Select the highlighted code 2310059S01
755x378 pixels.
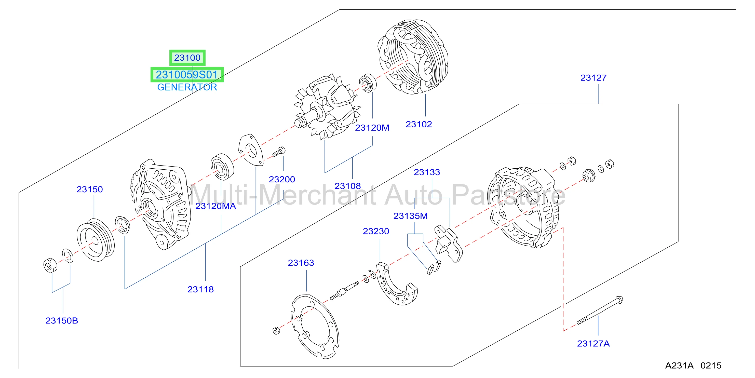tap(187, 75)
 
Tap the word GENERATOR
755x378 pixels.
tap(187, 87)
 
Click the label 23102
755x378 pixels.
tap(419, 124)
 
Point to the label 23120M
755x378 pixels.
tap(372, 128)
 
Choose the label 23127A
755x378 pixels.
tap(593, 343)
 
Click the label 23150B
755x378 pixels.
tap(62, 321)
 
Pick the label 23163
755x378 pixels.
tap(301, 263)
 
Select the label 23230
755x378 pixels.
tap(376, 231)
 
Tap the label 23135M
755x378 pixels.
tap(410, 216)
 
